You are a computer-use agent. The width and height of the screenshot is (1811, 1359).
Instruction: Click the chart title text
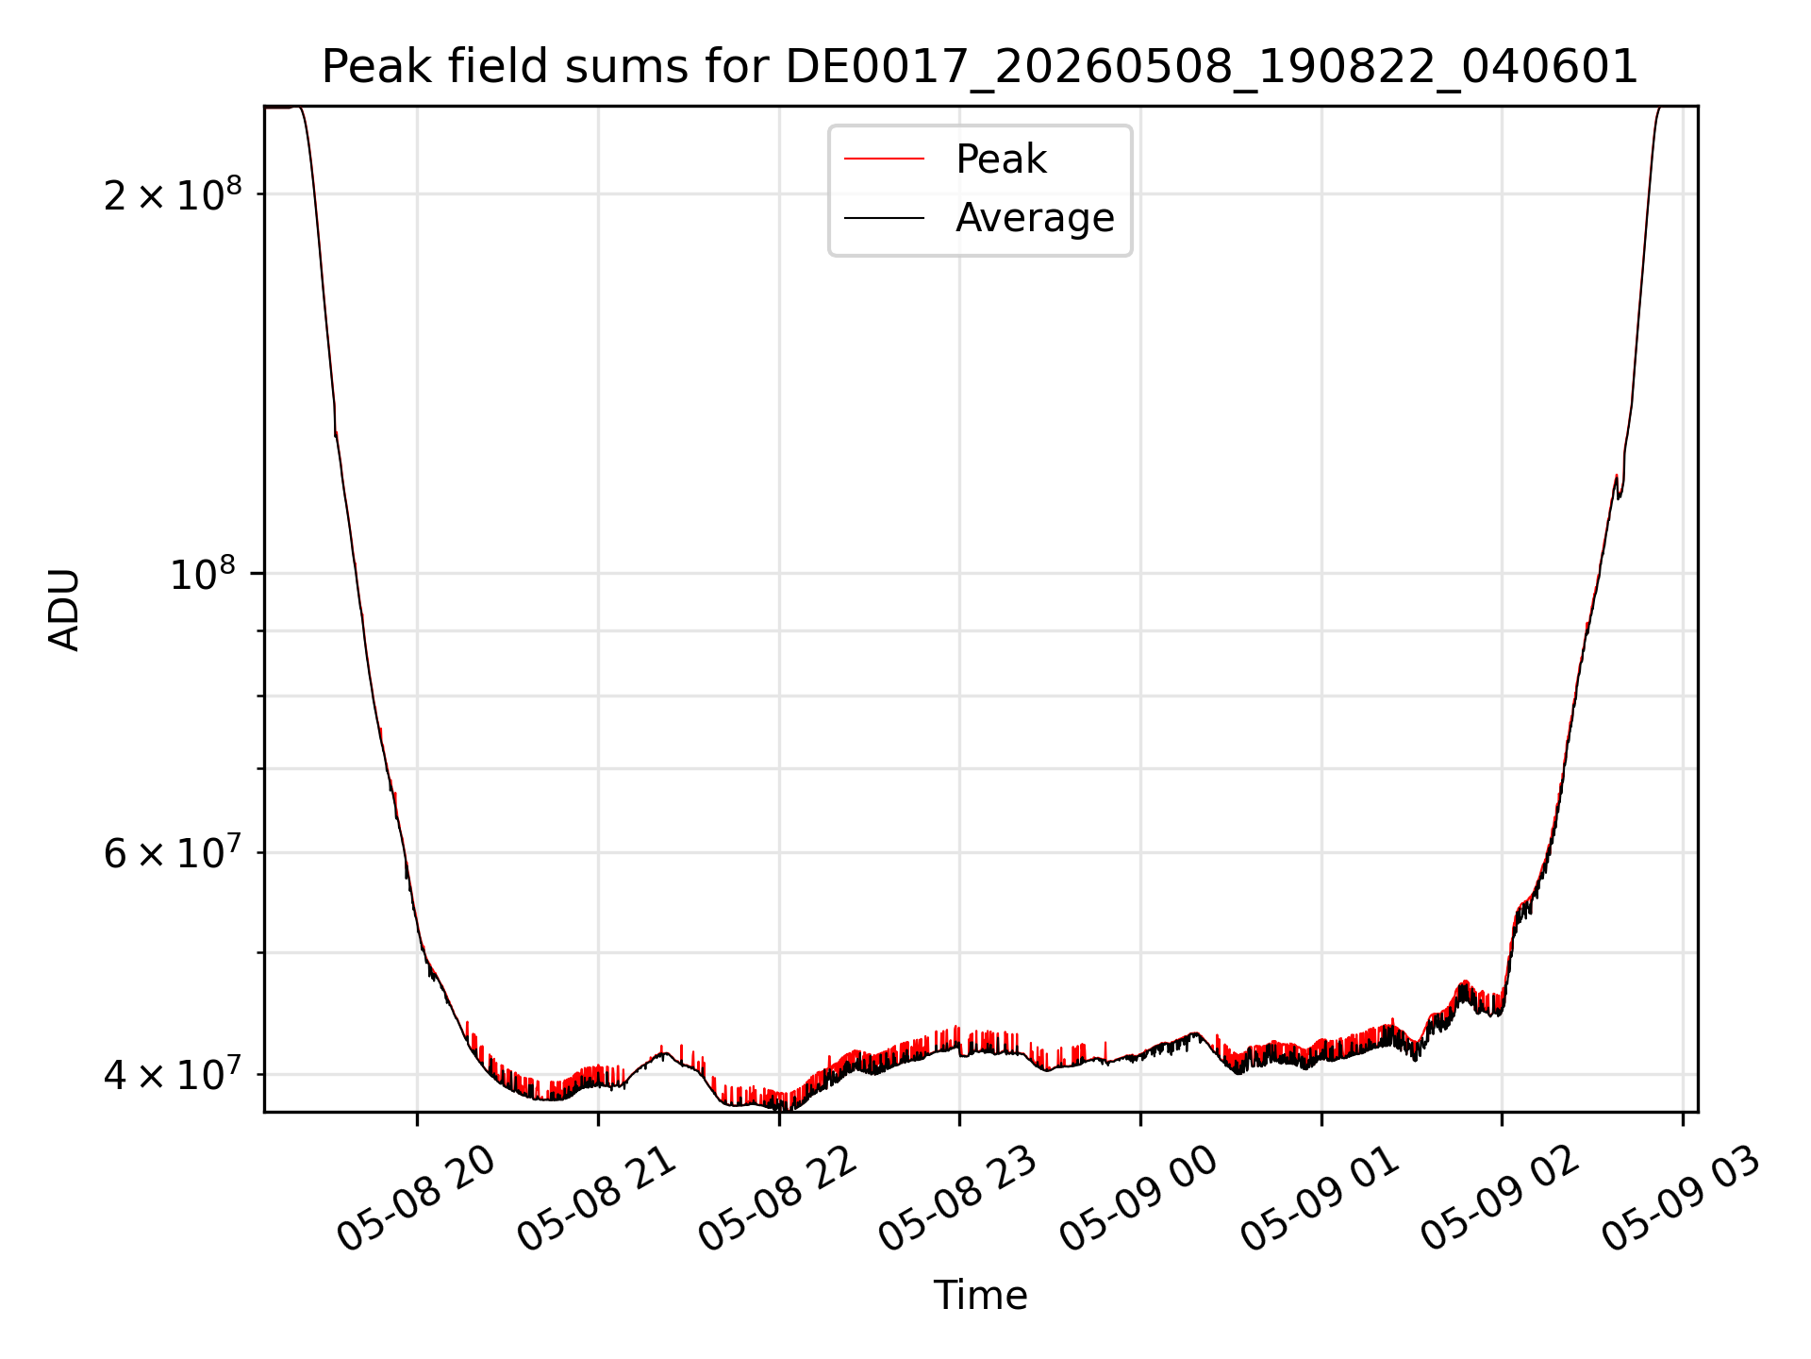coord(980,67)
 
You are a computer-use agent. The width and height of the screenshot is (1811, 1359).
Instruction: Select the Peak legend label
coord(1001,159)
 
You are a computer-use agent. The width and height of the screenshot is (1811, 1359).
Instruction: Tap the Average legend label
coord(1035,218)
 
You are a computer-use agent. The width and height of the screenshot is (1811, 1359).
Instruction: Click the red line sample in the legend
coord(884,159)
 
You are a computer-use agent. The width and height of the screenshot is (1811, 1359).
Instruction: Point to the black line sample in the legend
coord(884,218)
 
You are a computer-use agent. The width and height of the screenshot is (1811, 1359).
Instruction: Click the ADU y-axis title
coord(64,609)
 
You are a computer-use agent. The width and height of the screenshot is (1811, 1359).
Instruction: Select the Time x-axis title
coord(980,1296)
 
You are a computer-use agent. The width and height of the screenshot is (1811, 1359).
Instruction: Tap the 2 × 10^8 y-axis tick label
coord(173,193)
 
